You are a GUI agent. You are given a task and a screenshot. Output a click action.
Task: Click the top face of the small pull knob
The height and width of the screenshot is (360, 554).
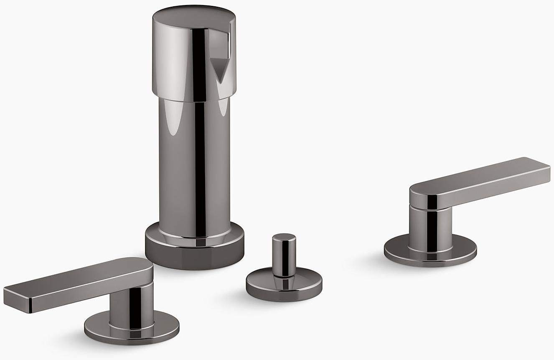(284, 237)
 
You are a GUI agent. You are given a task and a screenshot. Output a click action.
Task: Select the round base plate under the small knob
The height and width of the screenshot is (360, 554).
(284, 286)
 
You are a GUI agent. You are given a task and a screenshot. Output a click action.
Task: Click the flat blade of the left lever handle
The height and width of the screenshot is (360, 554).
(75, 284)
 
